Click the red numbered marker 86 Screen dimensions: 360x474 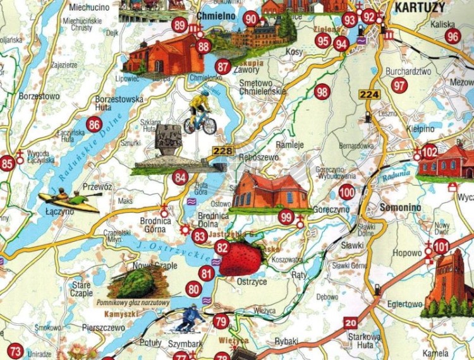click(95, 124)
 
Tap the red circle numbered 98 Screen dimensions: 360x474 click(322, 92)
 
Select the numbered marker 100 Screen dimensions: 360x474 click(346, 193)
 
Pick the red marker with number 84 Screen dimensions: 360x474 click(180, 177)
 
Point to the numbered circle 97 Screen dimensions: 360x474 click(399, 85)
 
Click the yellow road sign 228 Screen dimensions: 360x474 click(223, 150)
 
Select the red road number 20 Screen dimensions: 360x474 click(351, 322)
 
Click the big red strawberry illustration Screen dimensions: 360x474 click(241, 259)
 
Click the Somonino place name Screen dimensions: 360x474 click(400, 207)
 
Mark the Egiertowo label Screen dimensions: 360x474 click(404, 304)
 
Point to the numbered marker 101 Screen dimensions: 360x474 click(441, 246)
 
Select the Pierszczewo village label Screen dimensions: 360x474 click(104, 328)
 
